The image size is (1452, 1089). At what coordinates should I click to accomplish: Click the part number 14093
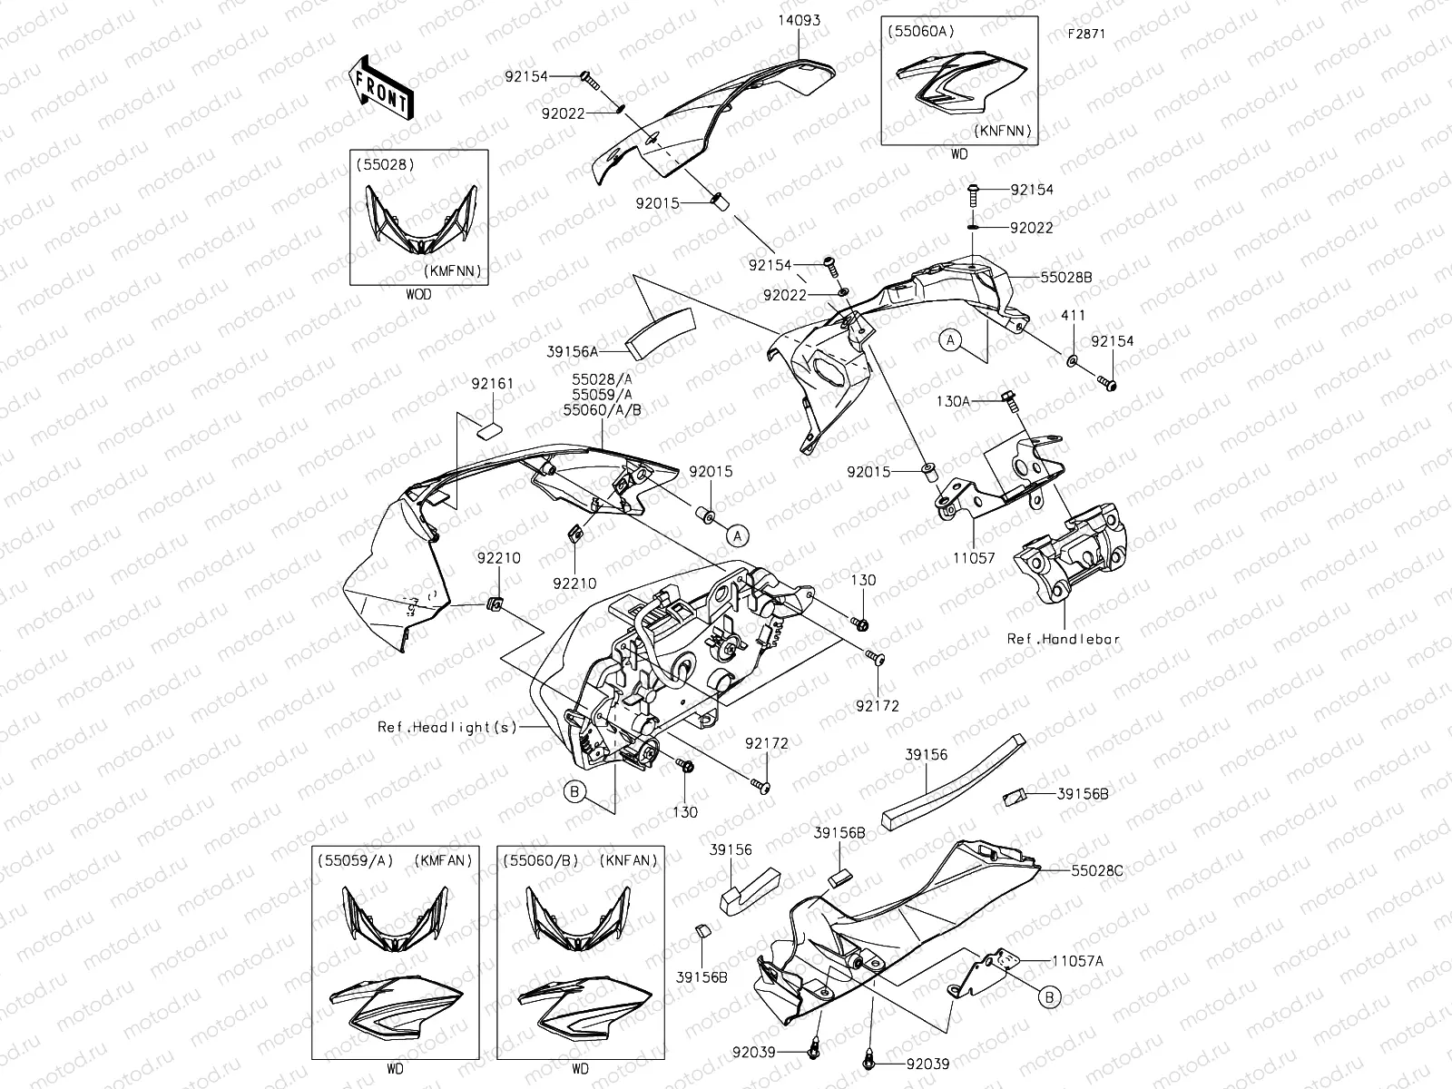(x=799, y=19)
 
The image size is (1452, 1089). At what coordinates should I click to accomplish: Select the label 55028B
(x=1067, y=277)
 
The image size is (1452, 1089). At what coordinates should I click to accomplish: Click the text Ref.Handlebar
(x=1064, y=639)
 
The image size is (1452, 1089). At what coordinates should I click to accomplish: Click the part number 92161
(x=493, y=384)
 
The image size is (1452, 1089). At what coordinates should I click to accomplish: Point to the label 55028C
(x=1097, y=870)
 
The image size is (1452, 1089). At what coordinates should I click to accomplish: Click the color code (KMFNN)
(x=451, y=270)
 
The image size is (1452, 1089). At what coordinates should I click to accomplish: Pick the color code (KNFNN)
(x=1003, y=131)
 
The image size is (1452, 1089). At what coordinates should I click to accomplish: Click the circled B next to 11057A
(x=1050, y=997)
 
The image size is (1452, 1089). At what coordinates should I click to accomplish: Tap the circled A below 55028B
(x=950, y=340)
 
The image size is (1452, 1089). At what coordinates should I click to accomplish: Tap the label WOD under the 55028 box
(x=418, y=295)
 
